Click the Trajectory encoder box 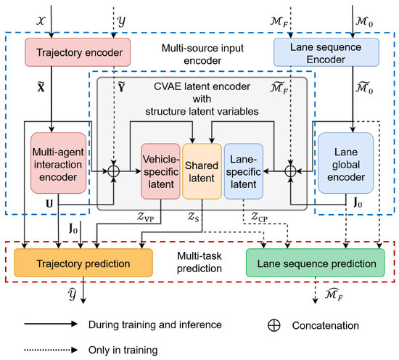coord(78,52)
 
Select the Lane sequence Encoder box coord(326,52)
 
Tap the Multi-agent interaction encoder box coord(58,163)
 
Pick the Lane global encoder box coord(345,163)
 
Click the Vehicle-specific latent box coord(160,171)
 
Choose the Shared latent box coord(202,171)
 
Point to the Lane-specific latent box coord(244,171)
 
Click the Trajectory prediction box coord(83,263)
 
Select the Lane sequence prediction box coord(316,263)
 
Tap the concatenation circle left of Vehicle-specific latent coord(113,171)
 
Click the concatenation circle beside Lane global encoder coord(290,171)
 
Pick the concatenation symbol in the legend coord(274,325)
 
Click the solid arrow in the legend coord(51,324)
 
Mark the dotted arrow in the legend coord(51,350)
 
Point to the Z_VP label coord(146,217)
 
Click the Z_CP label coord(259,217)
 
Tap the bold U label coord(49,204)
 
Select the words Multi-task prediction coord(199,262)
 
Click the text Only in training coord(123,351)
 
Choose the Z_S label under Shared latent coord(194,217)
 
